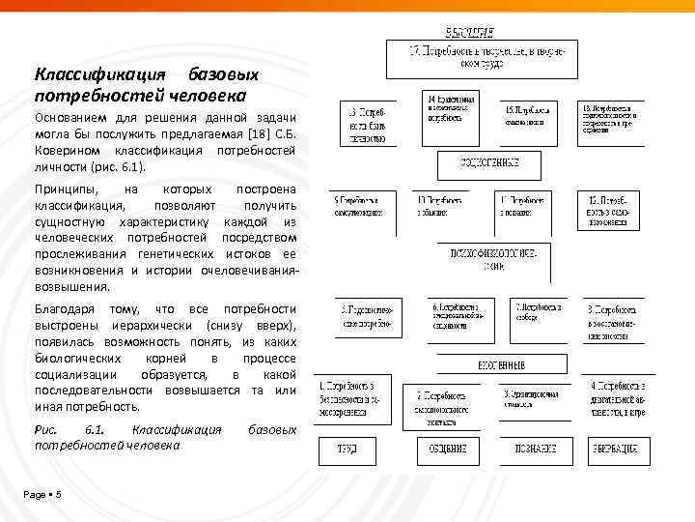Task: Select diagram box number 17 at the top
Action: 482,58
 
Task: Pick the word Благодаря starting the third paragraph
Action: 69,308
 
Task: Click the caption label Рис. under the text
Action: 45,428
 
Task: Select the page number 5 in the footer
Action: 59,495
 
